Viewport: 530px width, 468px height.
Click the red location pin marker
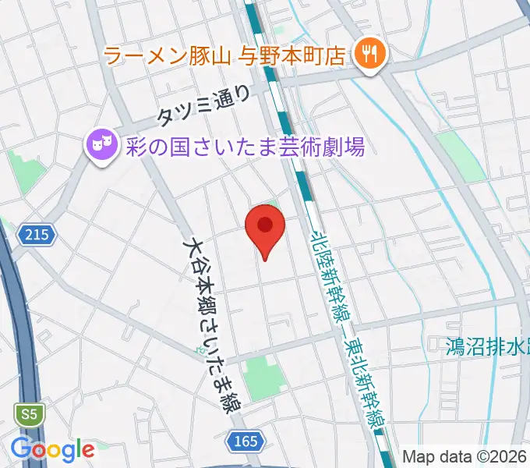[x=265, y=227]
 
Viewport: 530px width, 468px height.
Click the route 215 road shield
[x=34, y=235]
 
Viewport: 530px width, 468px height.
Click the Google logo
[x=52, y=449]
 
